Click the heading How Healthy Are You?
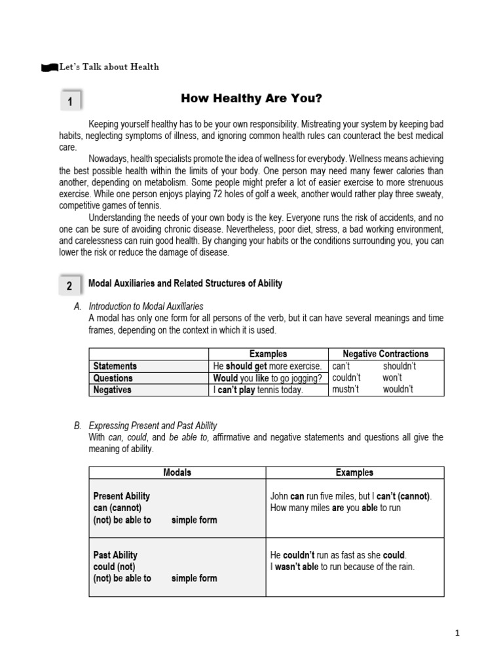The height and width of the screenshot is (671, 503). tap(251, 99)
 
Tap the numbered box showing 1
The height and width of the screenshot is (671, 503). tap(70, 102)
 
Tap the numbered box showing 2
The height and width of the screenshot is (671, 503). tap(70, 286)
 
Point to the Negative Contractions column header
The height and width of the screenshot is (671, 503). tap(386, 354)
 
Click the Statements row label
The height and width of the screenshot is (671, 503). tap(115, 366)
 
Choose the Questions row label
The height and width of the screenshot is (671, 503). tap(113, 378)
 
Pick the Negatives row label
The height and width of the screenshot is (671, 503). tap(112, 390)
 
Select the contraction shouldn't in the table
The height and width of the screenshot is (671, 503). tap(399, 366)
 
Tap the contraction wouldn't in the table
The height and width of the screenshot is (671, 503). tap(398, 390)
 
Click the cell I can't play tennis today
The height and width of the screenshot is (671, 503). tap(258, 390)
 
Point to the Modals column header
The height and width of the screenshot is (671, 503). tap(177, 472)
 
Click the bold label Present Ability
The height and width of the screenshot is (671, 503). tap(122, 496)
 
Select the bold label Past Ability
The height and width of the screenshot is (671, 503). tap(115, 555)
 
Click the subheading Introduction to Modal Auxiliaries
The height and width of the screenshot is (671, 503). tap(145, 306)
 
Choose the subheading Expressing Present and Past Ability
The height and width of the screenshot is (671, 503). tap(153, 425)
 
